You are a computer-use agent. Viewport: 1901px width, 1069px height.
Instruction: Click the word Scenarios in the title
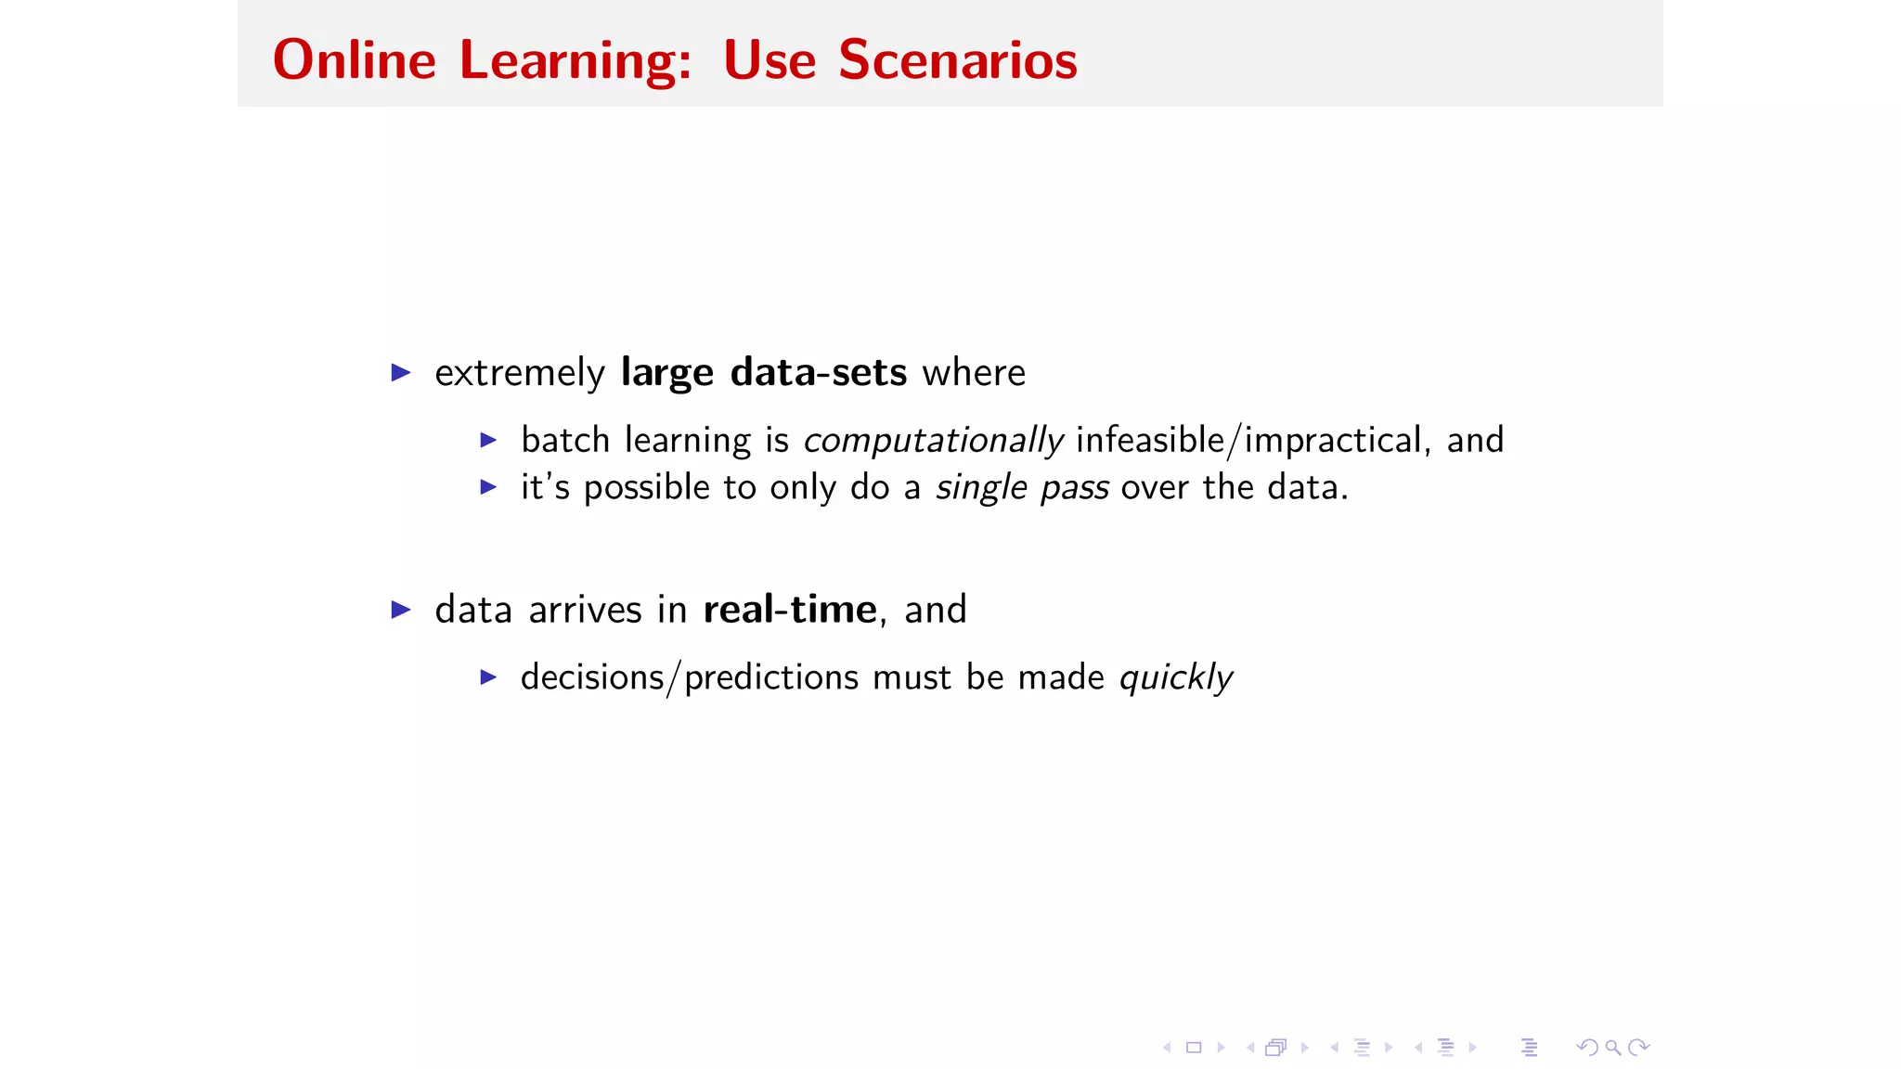click(x=957, y=60)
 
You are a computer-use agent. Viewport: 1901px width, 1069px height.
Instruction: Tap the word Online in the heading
click(x=354, y=60)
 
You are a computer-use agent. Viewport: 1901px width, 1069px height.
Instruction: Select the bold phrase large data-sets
click(x=763, y=372)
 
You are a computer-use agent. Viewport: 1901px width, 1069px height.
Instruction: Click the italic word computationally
click(x=933, y=440)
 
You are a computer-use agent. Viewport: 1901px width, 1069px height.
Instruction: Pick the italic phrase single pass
click(x=1021, y=487)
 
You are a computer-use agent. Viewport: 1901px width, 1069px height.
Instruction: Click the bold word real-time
click(x=789, y=610)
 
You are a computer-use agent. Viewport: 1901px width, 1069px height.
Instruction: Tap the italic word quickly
click(x=1175, y=677)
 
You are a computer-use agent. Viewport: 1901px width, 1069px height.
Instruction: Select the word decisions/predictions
click(x=689, y=677)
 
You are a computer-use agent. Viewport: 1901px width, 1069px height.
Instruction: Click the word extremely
click(x=519, y=373)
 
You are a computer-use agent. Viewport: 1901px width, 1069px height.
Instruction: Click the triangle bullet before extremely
click(x=401, y=373)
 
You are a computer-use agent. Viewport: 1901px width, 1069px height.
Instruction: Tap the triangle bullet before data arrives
click(x=401, y=610)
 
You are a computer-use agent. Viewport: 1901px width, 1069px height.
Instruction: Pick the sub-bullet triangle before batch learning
click(x=488, y=440)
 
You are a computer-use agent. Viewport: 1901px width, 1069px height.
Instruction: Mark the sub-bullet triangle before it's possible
click(x=488, y=486)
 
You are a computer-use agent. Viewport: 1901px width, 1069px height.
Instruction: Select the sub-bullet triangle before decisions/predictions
click(x=488, y=677)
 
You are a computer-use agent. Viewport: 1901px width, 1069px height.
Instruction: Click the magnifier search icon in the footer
click(x=1613, y=1048)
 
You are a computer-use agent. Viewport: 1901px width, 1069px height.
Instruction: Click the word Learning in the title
click(x=575, y=60)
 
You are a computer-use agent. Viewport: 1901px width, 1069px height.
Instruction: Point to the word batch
click(x=564, y=440)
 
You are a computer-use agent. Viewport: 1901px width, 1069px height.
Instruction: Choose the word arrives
click(x=585, y=610)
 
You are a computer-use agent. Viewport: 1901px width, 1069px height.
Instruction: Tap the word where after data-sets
click(x=974, y=373)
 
